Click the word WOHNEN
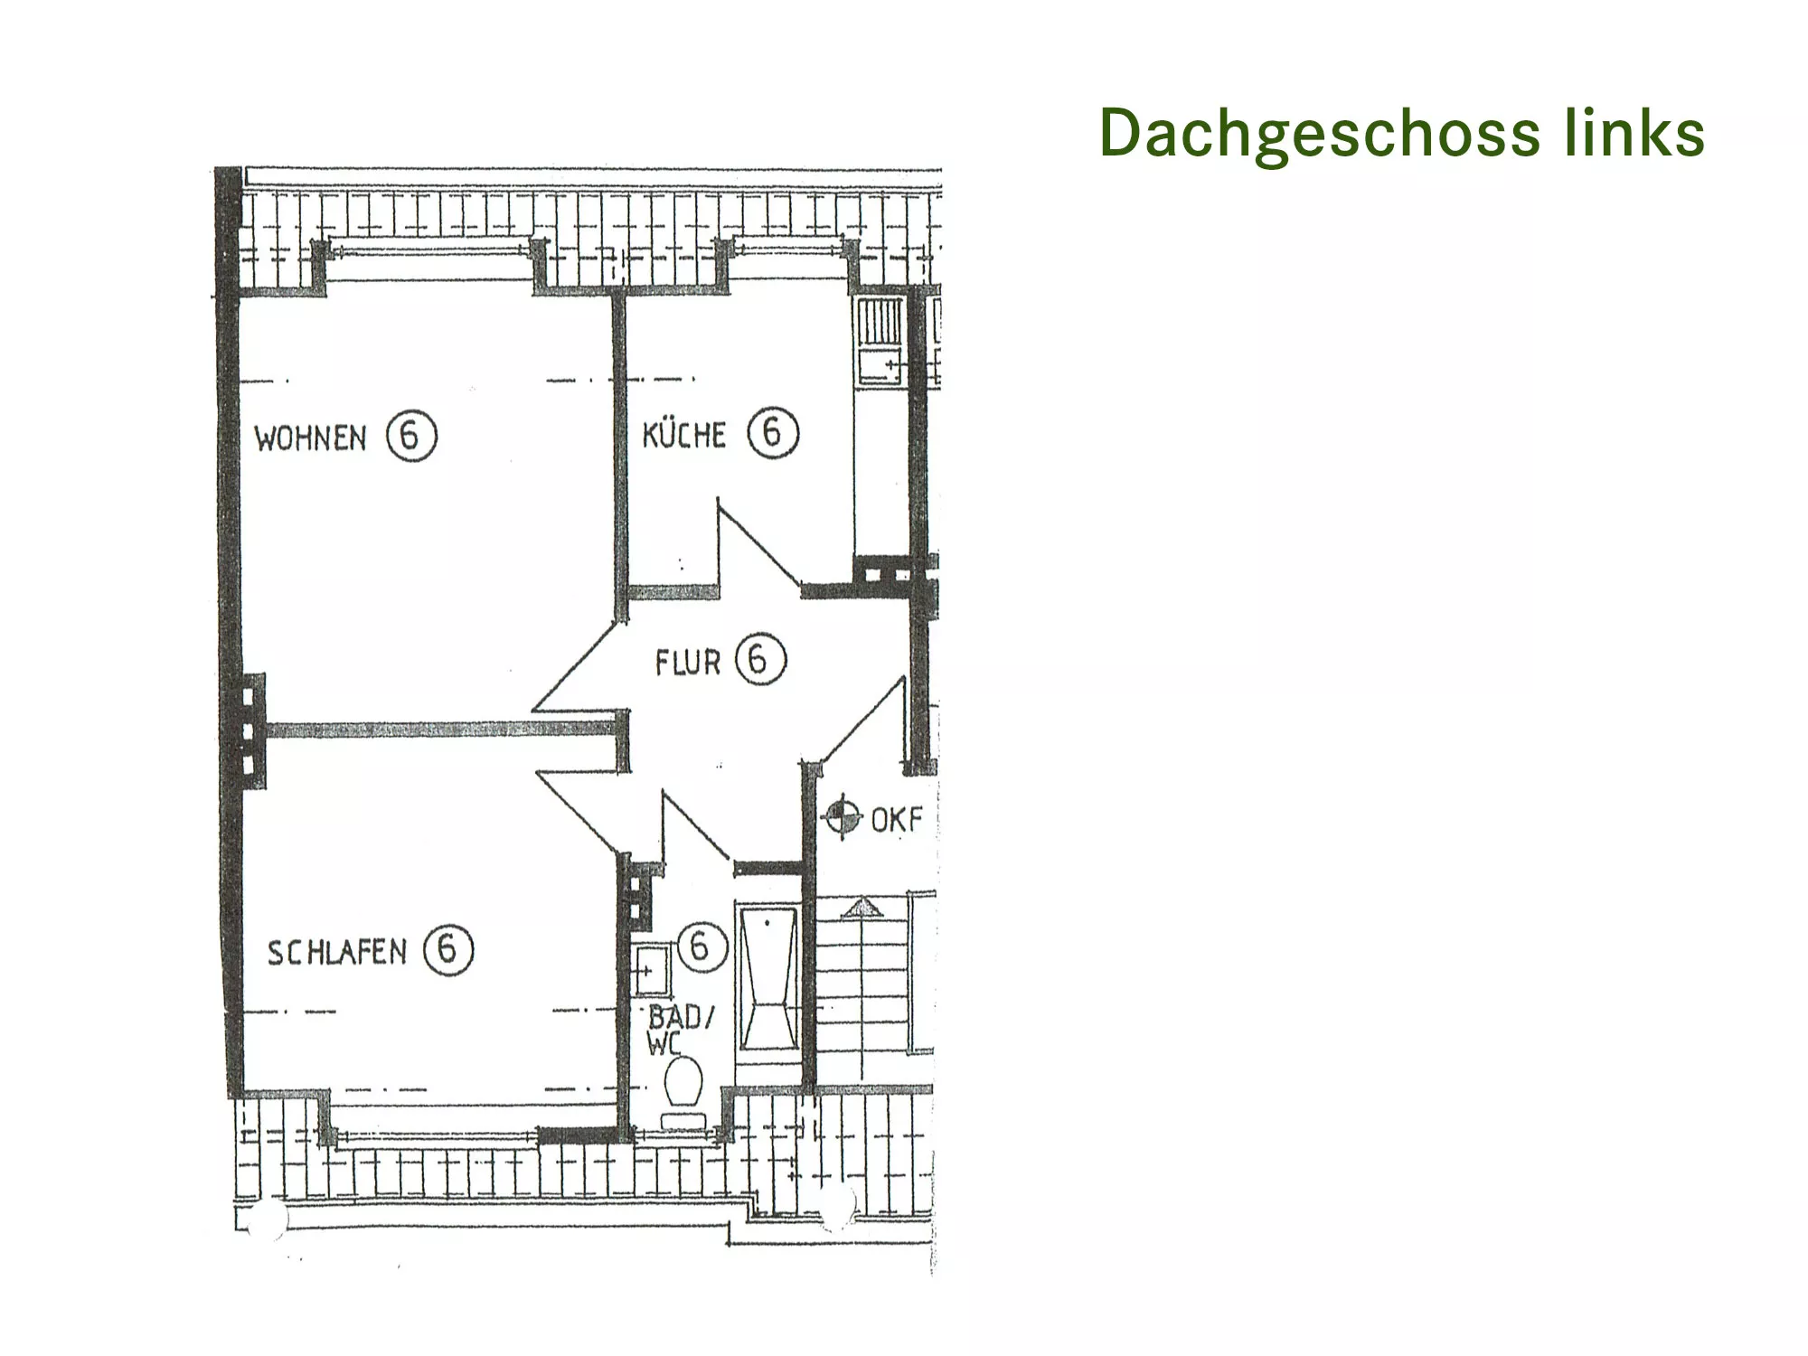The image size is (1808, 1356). point(310,438)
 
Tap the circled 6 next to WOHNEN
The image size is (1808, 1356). point(411,437)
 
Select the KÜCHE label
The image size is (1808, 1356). point(683,435)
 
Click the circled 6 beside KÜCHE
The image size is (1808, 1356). point(773,432)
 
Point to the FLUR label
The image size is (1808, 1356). point(687,663)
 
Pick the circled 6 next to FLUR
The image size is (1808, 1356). point(760,660)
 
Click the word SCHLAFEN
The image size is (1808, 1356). point(337,952)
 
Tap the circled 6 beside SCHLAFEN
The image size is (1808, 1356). point(447,950)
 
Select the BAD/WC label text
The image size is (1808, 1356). point(679,1029)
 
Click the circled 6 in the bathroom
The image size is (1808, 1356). point(701,947)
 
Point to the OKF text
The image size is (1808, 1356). point(896,820)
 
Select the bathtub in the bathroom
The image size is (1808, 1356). point(769,978)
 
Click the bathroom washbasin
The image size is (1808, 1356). point(651,970)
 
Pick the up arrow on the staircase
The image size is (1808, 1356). point(862,907)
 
